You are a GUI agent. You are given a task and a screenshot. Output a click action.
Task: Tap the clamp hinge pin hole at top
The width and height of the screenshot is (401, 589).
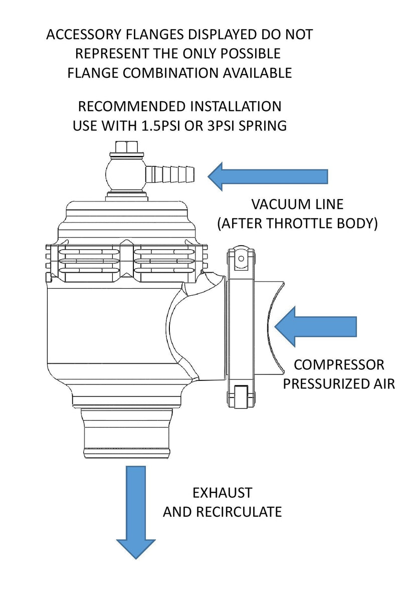click(x=241, y=258)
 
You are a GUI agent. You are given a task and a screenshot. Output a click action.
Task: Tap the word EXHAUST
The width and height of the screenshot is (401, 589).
click(x=222, y=493)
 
